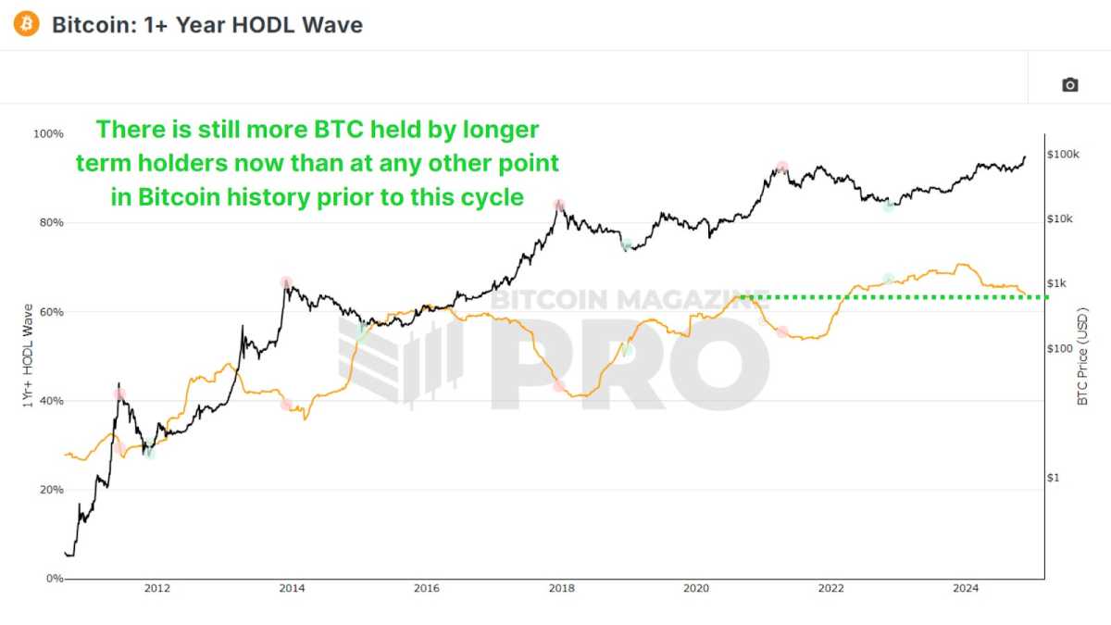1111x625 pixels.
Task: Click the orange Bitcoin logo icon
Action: tap(27, 24)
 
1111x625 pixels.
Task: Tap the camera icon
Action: tap(1069, 85)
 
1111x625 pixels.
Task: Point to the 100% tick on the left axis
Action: tap(48, 134)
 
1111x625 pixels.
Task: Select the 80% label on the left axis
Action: tap(50, 223)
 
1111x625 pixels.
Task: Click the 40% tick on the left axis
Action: tap(50, 401)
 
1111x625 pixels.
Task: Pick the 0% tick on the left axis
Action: tap(53, 579)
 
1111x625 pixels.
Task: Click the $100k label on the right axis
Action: tap(1064, 154)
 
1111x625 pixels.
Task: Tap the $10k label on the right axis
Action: tap(1061, 219)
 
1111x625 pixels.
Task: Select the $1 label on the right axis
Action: tap(1055, 478)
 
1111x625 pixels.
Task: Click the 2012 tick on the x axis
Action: tap(156, 588)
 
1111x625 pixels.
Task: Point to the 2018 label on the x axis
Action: tap(560, 588)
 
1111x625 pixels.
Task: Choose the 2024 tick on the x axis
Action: tap(966, 588)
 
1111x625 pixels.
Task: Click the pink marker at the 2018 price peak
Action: tap(559, 205)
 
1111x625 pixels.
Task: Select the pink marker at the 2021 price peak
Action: tap(782, 168)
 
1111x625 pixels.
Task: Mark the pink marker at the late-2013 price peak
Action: tap(286, 282)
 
